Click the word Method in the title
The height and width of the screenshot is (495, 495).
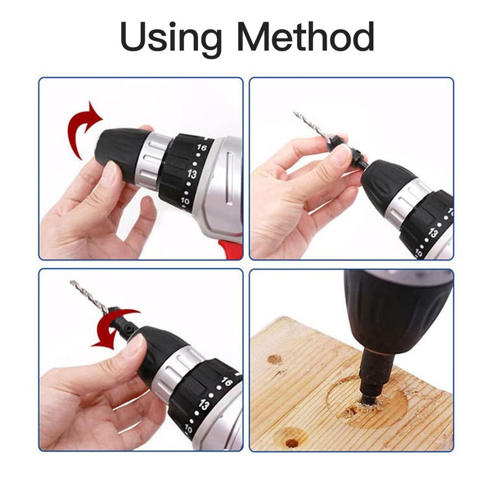point(305,36)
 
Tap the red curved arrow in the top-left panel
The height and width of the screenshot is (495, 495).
point(82,129)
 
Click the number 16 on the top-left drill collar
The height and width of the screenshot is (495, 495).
point(202,147)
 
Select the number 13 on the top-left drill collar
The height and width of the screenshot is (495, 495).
point(192,174)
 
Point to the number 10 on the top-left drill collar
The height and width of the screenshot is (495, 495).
point(185,200)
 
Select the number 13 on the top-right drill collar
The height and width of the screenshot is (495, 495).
point(433,233)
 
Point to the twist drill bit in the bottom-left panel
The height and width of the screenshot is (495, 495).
point(90,297)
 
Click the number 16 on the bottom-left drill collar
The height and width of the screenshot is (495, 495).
point(226,382)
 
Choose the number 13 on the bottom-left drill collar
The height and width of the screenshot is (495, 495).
point(204,405)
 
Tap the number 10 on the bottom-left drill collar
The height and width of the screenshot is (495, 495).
point(189,429)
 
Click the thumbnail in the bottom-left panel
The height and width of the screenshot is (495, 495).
point(136,345)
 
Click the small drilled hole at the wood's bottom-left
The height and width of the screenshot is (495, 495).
point(292,443)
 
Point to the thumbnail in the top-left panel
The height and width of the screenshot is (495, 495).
point(111,171)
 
